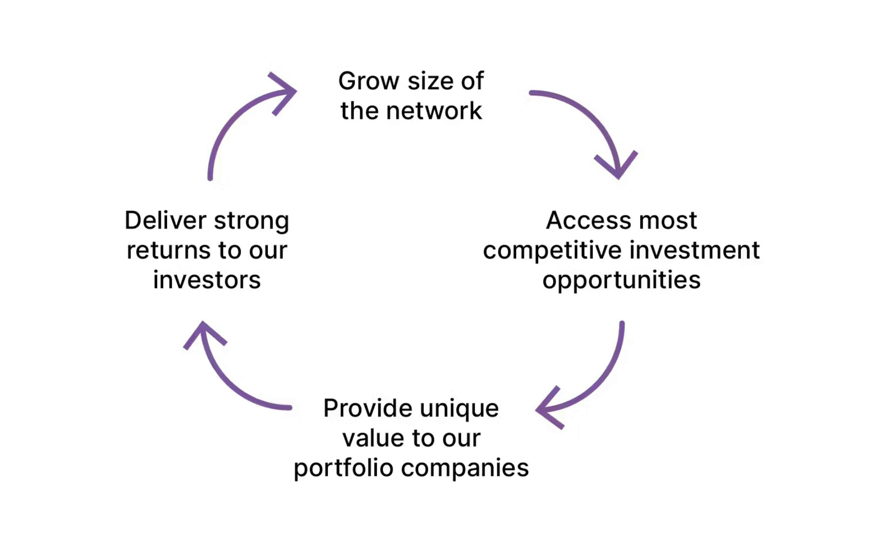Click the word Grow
coord(369,81)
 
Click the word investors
coord(207,280)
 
